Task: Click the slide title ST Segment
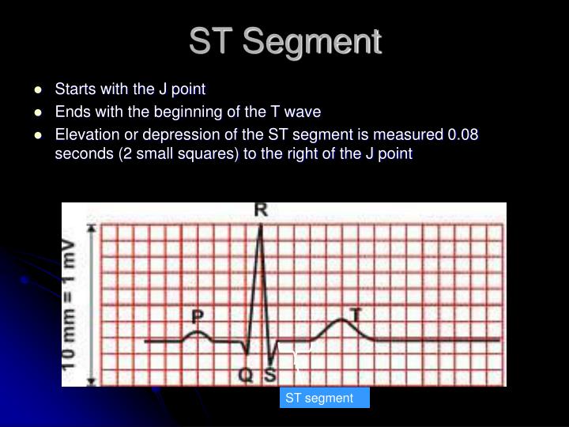click(x=284, y=41)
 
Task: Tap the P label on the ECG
click(x=198, y=317)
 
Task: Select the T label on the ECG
click(x=355, y=314)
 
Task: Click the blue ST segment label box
click(x=324, y=398)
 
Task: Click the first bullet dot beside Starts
click(x=38, y=89)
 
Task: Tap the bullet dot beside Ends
click(x=38, y=112)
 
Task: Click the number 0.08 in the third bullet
click(x=464, y=134)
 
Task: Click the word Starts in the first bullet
click(x=73, y=89)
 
